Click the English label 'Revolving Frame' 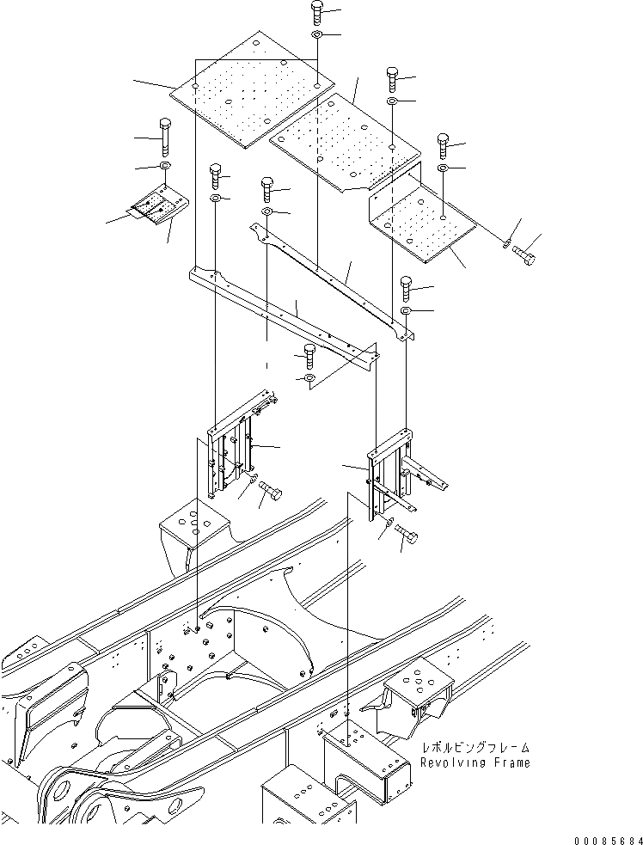click(x=475, y=762)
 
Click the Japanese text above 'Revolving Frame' click(x=475, y=749)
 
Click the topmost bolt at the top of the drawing click(x=316, y=14)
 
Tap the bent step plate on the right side click(x=421, y=219)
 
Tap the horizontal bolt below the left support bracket click(x=270, y=493)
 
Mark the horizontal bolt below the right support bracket click(x=406, y=538)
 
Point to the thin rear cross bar click(x=327, y=274)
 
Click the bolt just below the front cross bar click(x=310, y=353)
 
